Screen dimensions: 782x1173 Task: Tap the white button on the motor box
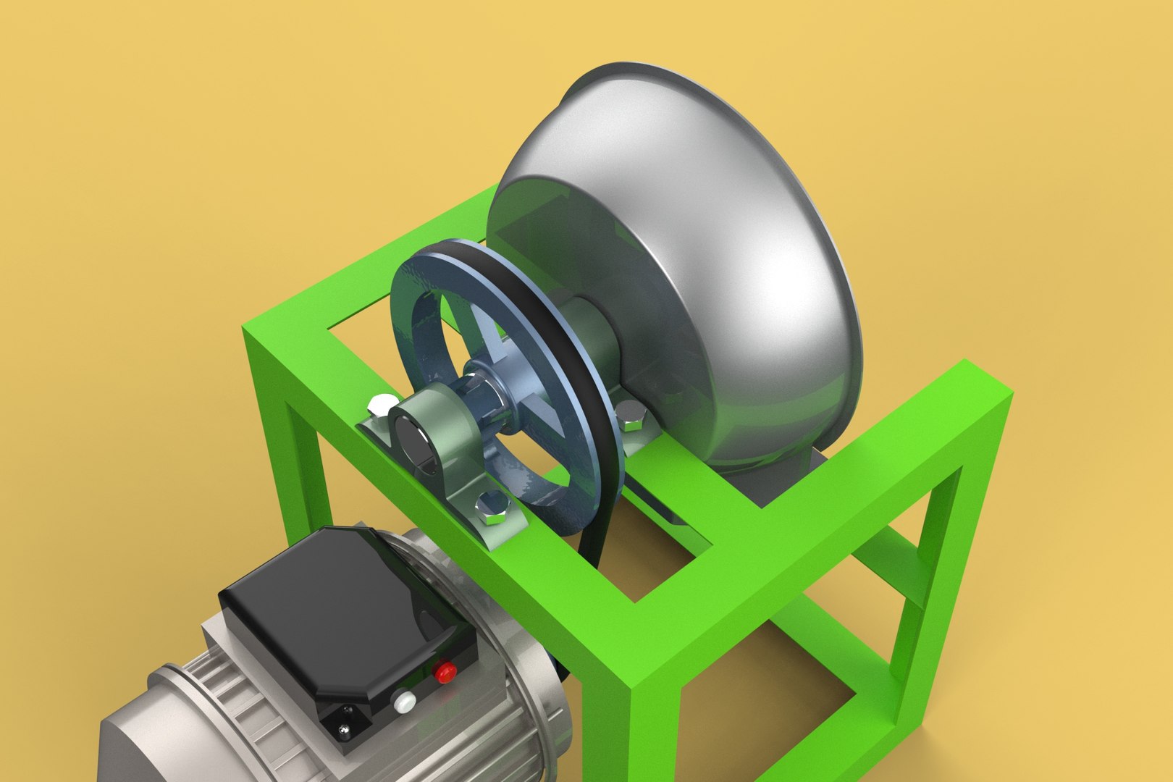(x=403, y=701)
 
